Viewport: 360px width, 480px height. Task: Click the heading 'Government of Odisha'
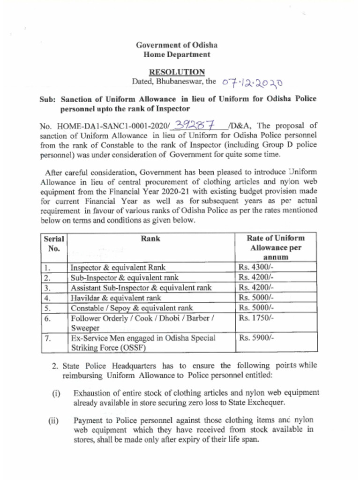176,45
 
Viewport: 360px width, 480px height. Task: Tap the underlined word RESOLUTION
177,72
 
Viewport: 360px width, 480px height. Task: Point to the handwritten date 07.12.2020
252,82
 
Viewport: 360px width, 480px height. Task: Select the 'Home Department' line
176,54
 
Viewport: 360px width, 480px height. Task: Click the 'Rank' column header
150,239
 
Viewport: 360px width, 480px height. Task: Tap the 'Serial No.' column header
53,243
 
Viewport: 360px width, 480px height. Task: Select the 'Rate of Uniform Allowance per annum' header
276,247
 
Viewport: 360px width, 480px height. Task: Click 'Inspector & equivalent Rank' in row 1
118,268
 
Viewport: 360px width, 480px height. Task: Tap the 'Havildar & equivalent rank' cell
115,298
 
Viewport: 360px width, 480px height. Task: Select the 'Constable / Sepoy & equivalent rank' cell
132,308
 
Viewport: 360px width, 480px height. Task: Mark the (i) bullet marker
56,393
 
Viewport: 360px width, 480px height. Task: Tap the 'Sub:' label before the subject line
48,99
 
